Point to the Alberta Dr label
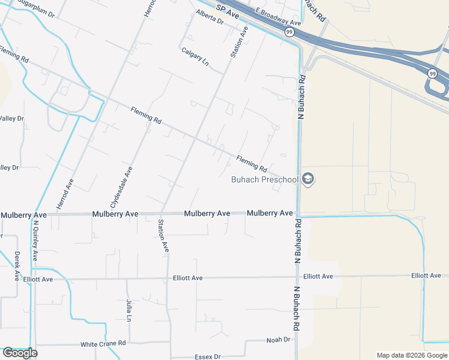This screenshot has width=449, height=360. [x=211, y=20]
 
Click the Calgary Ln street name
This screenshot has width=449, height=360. [x=194, y=57]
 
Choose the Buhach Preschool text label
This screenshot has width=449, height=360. [x=265, y=179]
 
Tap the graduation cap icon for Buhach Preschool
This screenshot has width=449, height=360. [x=309, y=179]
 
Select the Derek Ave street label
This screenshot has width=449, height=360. [x=17, y=266]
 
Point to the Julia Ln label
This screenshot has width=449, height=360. [x=128, y=311]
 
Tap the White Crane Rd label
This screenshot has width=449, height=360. [x=103, y=344]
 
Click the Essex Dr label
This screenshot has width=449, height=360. [x=209, y=356]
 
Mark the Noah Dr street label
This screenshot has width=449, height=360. [x=278, y=340]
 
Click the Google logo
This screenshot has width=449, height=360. [x=19, y=353]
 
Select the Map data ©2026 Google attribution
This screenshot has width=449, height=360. [x=412, y=355]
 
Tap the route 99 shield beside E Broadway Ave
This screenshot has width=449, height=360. [x=289, y=32]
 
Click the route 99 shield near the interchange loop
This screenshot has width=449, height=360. [x=432, y=73]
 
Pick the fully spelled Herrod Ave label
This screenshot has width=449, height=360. [x=65, y=193]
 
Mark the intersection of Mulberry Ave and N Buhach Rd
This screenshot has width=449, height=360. [x=298, y=214]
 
